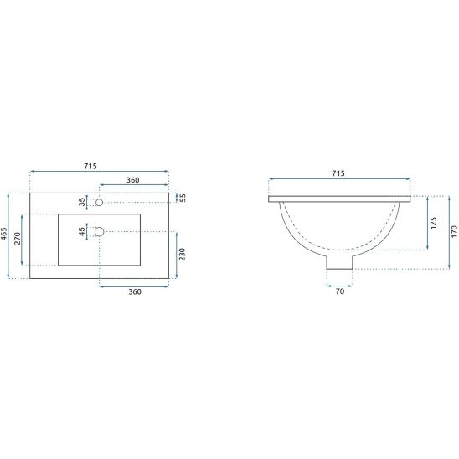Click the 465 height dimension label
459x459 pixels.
[4, 235]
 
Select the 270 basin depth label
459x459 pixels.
[18, 238]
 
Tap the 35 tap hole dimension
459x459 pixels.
[82, 202]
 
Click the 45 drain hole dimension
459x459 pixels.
[82, 231]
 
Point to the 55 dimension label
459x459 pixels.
[183, 198]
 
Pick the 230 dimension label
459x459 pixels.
[182, 254]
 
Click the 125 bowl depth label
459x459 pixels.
[434, 223]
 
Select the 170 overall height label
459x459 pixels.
[454, 231]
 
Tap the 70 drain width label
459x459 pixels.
[340, 291]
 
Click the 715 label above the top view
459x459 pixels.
[90, 166]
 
